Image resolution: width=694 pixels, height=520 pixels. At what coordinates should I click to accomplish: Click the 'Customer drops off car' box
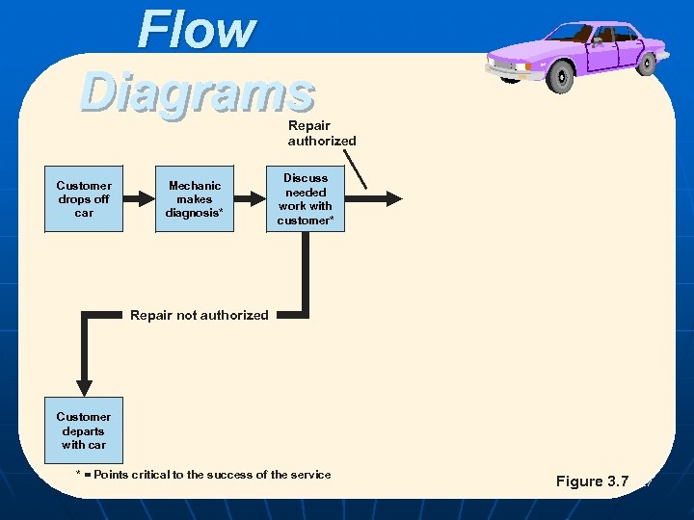click(84, 199)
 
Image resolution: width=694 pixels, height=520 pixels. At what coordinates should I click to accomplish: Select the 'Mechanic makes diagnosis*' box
click(195, 199)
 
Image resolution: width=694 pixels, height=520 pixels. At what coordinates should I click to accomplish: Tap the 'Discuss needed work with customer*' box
click(306, 199)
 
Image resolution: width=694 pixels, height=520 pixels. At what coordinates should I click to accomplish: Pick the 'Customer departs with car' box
click(84, 431)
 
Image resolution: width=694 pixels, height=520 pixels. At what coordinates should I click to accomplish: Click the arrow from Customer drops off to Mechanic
click(140, 198)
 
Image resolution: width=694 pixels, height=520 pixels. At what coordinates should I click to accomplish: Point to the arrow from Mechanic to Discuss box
click(251, 198)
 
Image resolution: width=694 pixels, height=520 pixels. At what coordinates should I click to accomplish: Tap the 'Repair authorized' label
click(321, 133)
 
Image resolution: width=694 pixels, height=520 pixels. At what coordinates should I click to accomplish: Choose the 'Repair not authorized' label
click(200, 315)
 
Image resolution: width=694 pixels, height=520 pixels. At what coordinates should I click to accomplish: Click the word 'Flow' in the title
click(197, 30)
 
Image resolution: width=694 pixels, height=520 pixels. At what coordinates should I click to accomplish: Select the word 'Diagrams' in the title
click(198, 93)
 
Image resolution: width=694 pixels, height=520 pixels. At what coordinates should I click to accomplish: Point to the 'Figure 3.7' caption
click(592, 481)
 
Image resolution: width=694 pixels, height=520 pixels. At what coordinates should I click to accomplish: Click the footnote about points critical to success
click(203, 475)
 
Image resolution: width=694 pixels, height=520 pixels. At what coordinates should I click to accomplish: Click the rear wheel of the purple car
click(648, 62)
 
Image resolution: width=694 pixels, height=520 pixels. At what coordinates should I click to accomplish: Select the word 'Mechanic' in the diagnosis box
click(195, 186)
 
